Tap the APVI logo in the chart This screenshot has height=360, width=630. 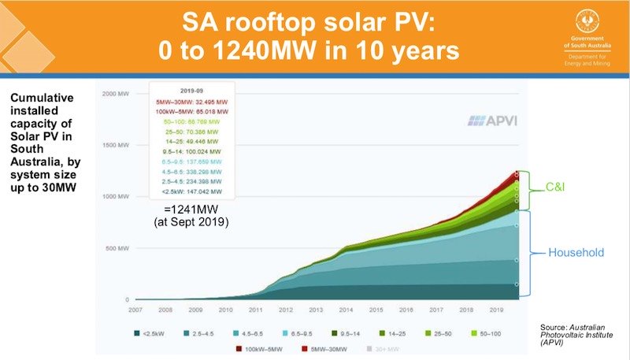488,121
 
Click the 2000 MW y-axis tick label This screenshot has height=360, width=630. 114,93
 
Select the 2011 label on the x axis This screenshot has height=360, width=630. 257,310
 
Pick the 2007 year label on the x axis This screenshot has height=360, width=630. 135,310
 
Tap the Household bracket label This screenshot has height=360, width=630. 576,253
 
